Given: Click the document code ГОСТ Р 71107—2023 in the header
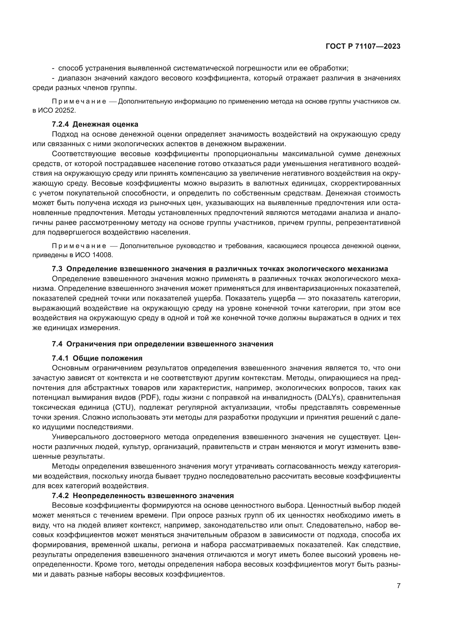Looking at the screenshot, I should point(363,47).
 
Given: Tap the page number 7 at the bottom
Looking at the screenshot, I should point(399,586).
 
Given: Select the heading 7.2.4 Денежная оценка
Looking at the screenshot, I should point(95,124).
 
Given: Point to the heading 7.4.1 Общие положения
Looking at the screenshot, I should point(97,358).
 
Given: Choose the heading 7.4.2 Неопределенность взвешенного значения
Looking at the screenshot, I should point(142,496).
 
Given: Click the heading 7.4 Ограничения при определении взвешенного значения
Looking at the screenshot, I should point(163,344).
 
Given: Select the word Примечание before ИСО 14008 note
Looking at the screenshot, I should point(79,246).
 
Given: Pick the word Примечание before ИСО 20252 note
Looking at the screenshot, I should point(79,101).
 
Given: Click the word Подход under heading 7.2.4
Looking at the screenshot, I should point(65,134).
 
